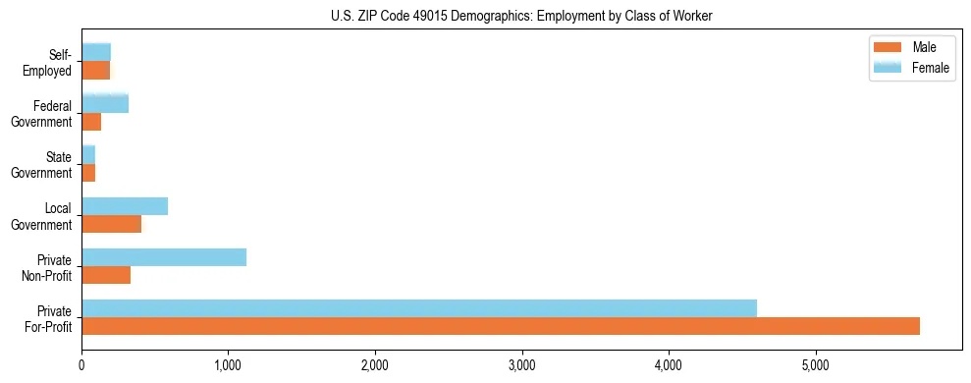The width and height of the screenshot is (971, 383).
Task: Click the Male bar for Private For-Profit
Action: point(501,326)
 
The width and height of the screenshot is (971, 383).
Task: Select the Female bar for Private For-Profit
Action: point(419,308)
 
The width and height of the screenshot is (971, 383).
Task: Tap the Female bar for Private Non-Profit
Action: point(164,257)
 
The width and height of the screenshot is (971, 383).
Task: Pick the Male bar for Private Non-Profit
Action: point(106,275)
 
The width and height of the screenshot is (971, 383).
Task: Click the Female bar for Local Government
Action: point(125,206)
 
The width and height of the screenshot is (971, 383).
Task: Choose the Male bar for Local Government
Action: point(111,224)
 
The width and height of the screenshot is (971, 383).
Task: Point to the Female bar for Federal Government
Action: point(105,104)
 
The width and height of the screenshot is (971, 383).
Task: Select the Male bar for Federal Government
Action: point(91,122)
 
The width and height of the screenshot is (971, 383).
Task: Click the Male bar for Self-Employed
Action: point(95,71)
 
